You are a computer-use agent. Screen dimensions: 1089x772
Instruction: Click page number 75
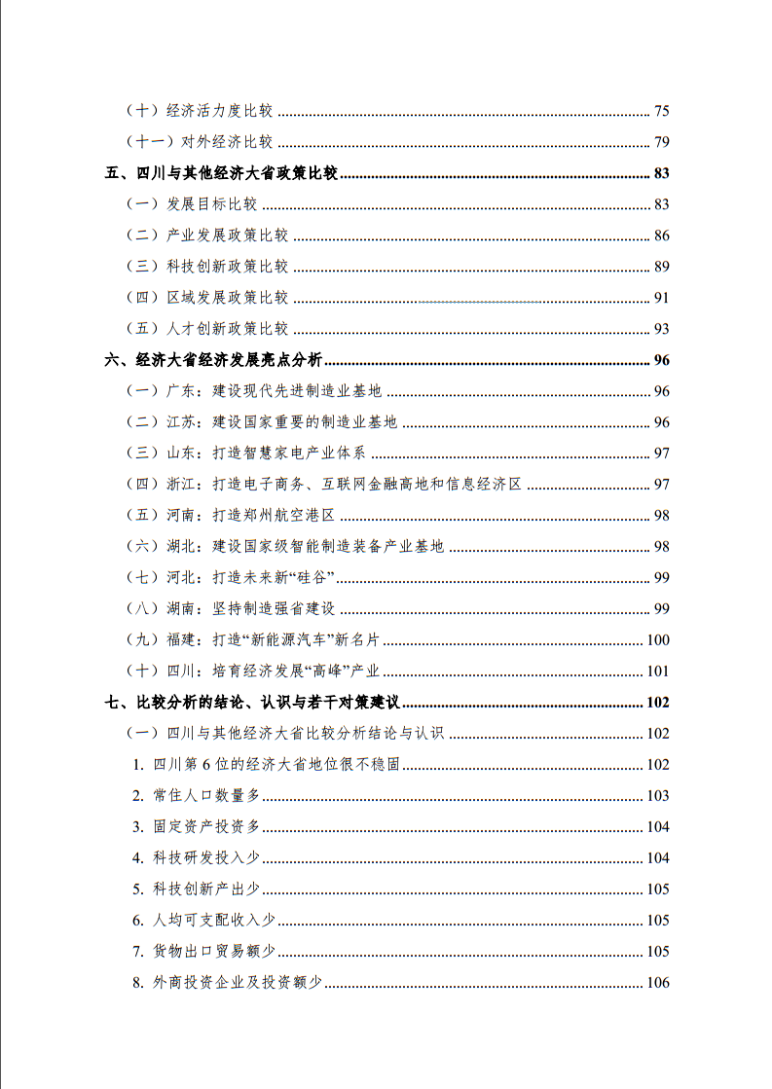[x=661, y=111]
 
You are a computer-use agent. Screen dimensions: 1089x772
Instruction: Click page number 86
[x=661, y=236]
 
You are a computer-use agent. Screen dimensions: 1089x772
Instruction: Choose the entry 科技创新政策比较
[x=227, y=267]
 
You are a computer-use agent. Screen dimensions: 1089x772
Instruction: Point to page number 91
[x=661, y=298]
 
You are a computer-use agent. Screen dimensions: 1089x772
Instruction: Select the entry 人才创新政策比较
[x=227, y=329]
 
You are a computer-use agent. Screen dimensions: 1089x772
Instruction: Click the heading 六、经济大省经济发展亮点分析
[x=213, y=360]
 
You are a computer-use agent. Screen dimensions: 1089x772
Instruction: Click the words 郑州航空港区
[x=288, y=516]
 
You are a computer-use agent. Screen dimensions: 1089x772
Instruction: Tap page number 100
[x=658, y=640]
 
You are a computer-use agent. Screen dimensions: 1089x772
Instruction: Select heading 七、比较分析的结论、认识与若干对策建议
[x=258, y=703]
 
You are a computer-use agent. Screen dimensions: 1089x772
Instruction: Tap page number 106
[x=658, y=983]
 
